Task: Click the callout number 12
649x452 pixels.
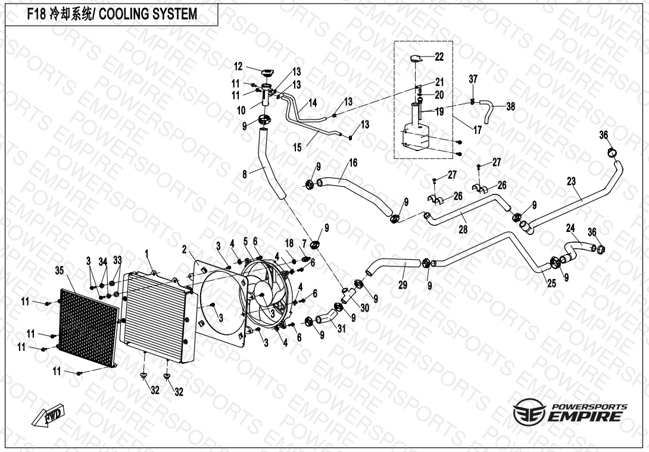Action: click(x=238, y=66)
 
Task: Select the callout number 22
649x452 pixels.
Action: click(x=439, y=57)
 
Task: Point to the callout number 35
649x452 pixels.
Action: click(x=59, y=271)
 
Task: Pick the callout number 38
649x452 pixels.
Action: click(x=510, y=107)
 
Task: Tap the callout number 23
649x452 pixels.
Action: click(x=572, y=182)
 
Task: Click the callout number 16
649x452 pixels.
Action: click(x=352, y=162)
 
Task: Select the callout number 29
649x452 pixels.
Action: click(x=403, y=286)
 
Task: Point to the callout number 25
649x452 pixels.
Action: click(x=551, y=284)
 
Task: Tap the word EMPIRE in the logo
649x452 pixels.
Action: click(x=586, y=417)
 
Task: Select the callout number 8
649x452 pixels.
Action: click(x=244, y=174)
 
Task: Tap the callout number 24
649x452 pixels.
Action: click(x=570, y=228)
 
